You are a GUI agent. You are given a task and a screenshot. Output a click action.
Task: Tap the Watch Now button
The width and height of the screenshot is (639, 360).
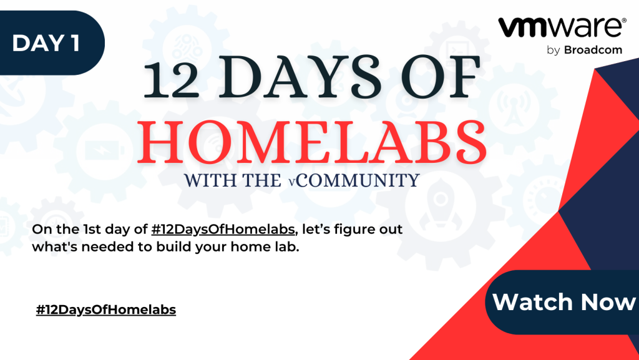(562, 302)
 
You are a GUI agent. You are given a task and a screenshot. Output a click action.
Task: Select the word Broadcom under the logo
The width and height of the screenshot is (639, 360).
(593, 50)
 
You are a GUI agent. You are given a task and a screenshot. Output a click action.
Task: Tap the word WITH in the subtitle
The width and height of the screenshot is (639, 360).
(208, 180)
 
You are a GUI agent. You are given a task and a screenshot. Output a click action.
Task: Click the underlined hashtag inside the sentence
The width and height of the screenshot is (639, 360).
(223, 229)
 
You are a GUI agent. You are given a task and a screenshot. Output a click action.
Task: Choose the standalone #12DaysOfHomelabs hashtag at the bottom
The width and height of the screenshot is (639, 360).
(106, 310)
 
